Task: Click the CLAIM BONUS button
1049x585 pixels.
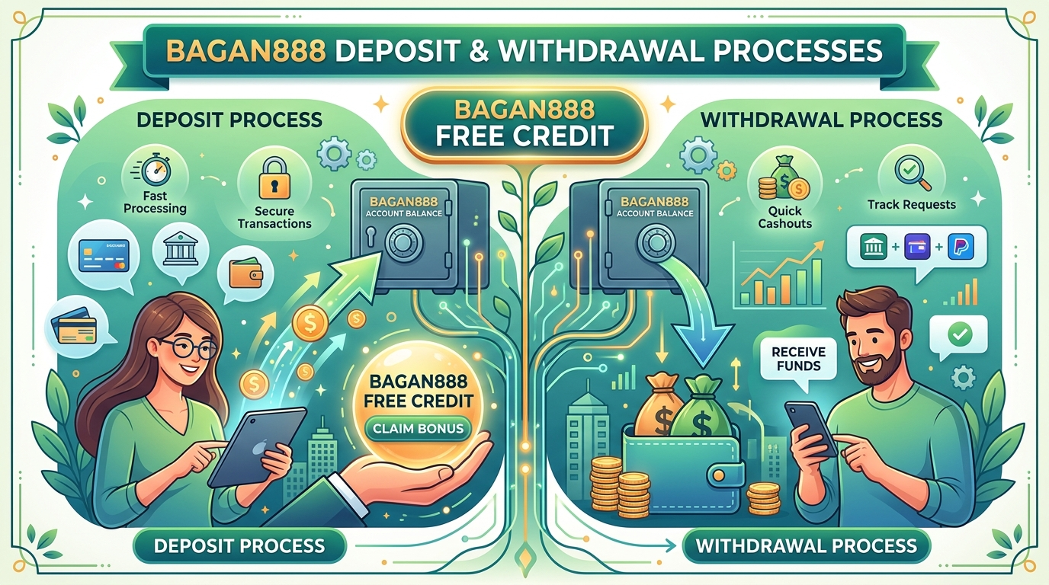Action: [419, 428]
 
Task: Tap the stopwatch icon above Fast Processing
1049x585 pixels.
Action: [155, 171]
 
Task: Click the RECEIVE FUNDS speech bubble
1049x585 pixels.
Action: [798, 359]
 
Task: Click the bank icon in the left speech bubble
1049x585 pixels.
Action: [180, 248]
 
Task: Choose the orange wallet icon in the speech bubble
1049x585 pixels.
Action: [245, 273]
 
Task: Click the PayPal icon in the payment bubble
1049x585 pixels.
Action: [961, 247]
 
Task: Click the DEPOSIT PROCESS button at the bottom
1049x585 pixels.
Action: [239, 546]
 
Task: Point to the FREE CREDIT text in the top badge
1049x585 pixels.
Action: [524, 136]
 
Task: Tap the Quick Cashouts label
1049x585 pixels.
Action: [785, 217]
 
